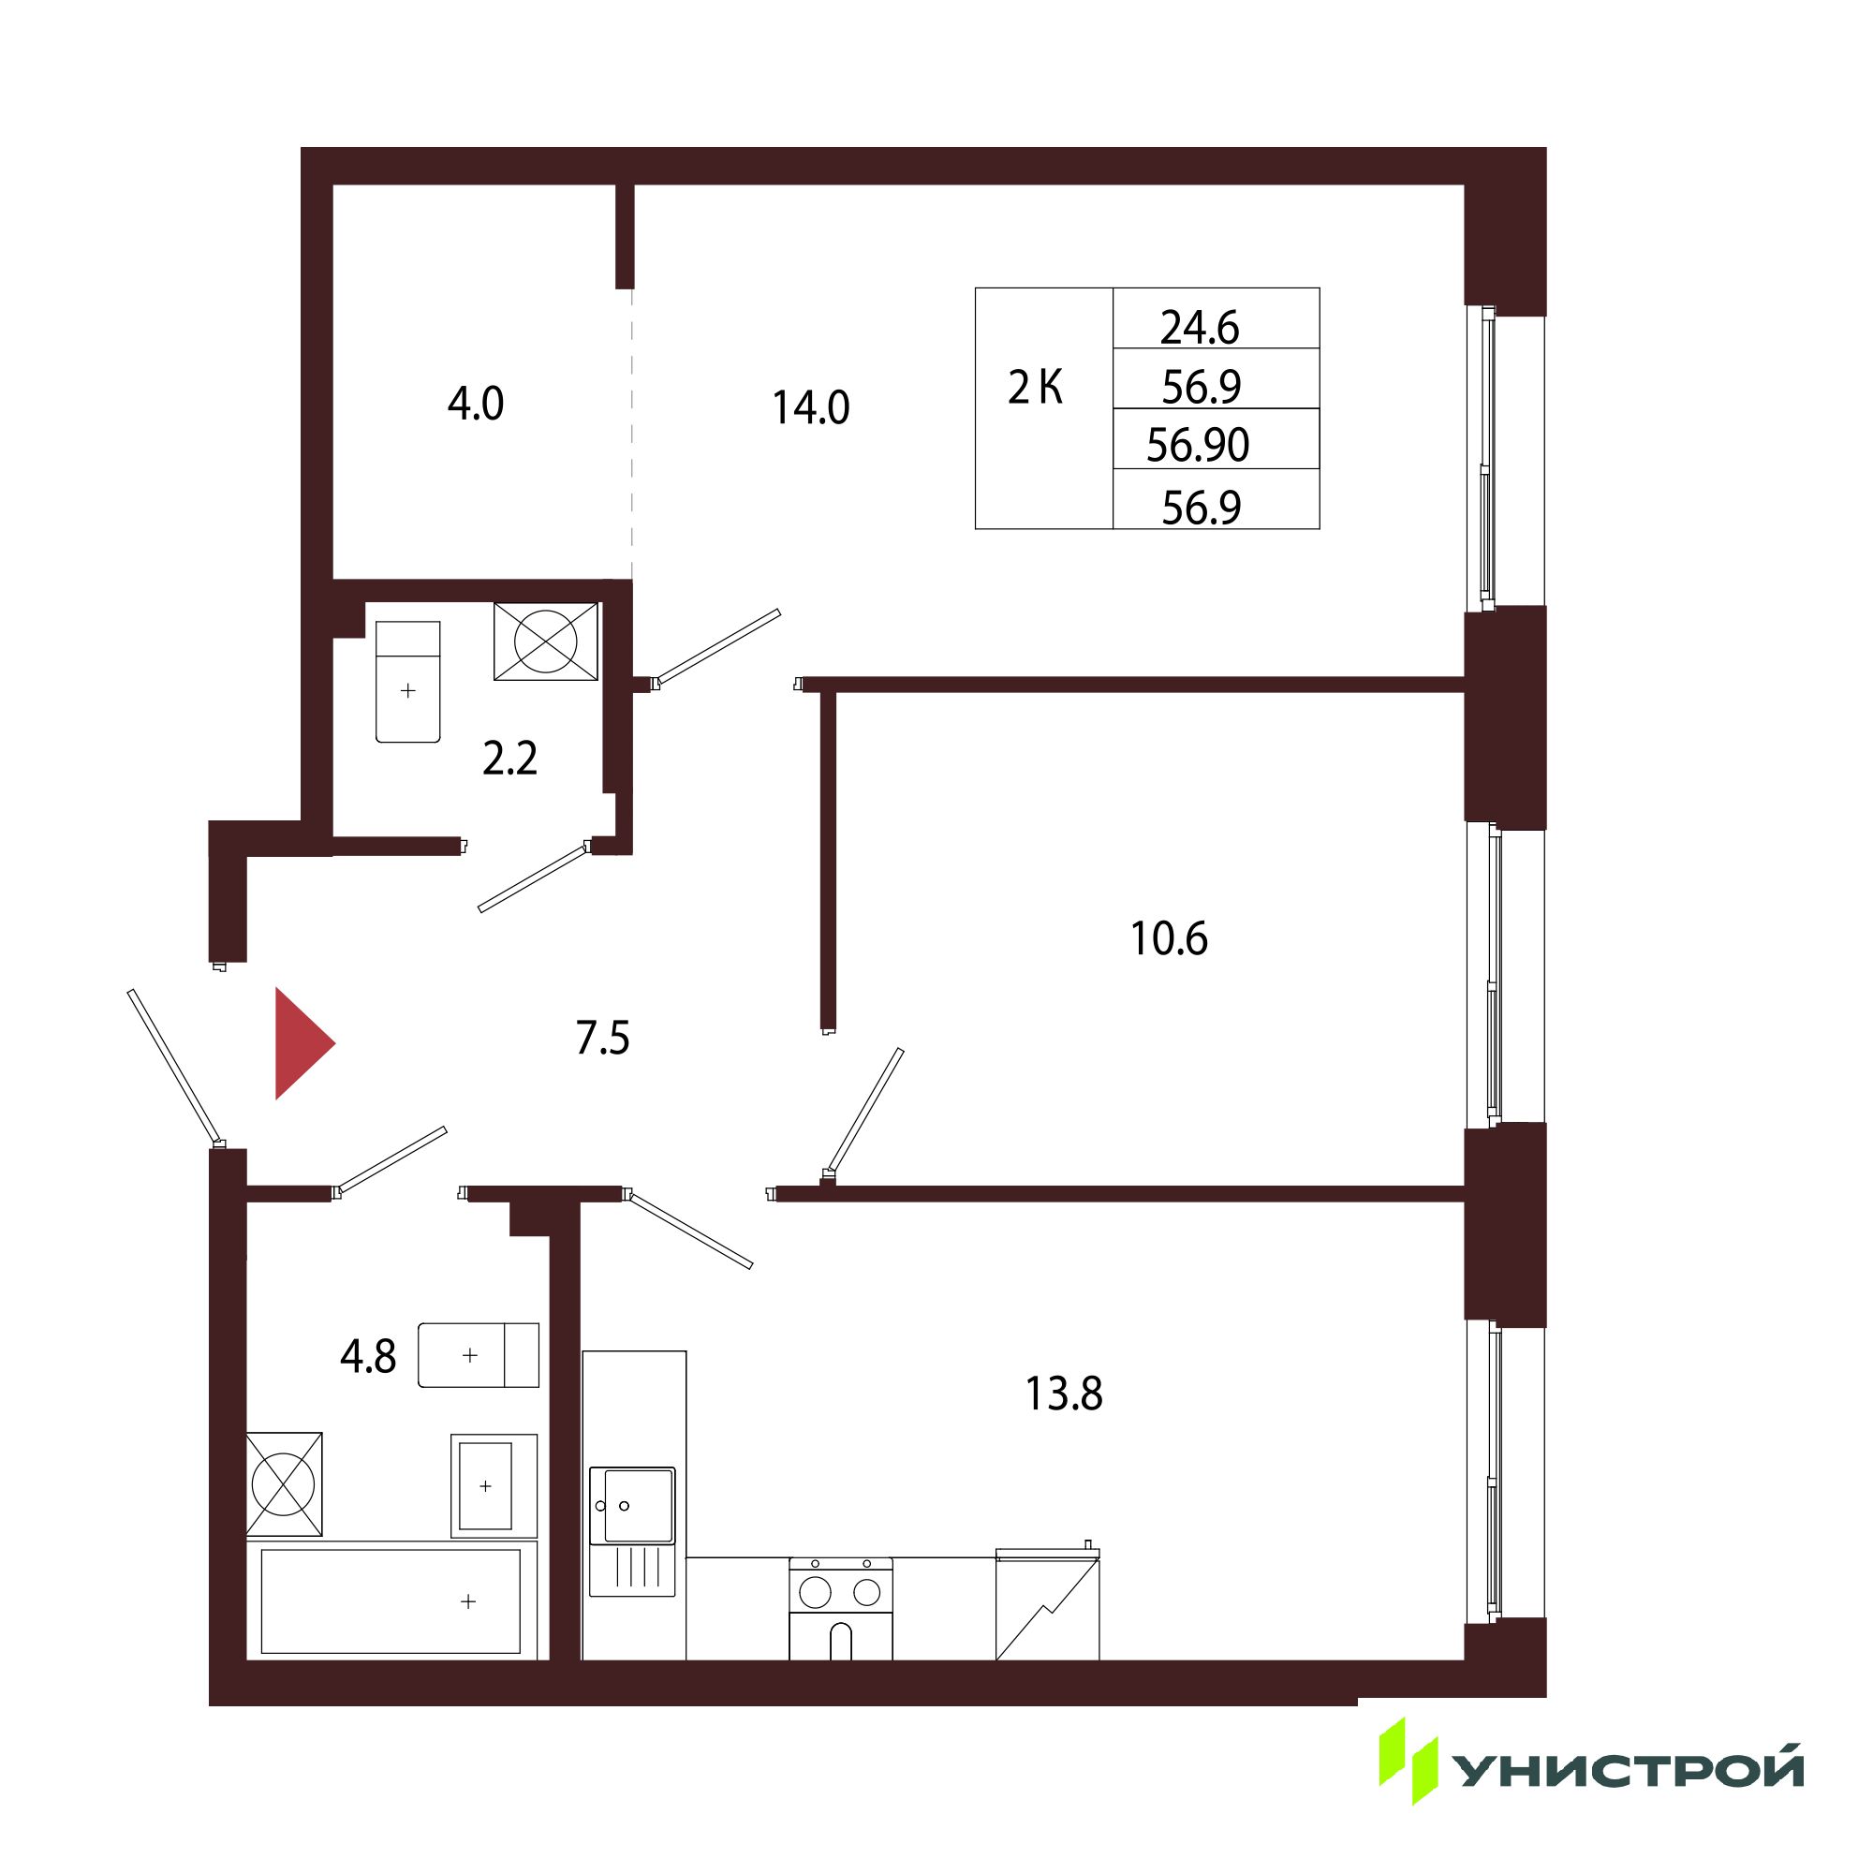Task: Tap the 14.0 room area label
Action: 810,408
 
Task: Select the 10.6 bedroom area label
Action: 1169,938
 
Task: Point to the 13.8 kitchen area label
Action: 1064,1394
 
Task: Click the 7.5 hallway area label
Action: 602,1039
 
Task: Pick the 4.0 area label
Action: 475,404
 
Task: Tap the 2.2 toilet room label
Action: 510,759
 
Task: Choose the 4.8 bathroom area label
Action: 368,1356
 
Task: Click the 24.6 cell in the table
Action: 1201,328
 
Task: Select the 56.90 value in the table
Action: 1199,445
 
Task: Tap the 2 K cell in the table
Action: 1036,388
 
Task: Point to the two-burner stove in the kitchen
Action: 841,1609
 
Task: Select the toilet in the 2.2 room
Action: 408,682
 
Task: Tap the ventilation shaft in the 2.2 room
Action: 546,641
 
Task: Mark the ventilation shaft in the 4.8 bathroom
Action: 284,1484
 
